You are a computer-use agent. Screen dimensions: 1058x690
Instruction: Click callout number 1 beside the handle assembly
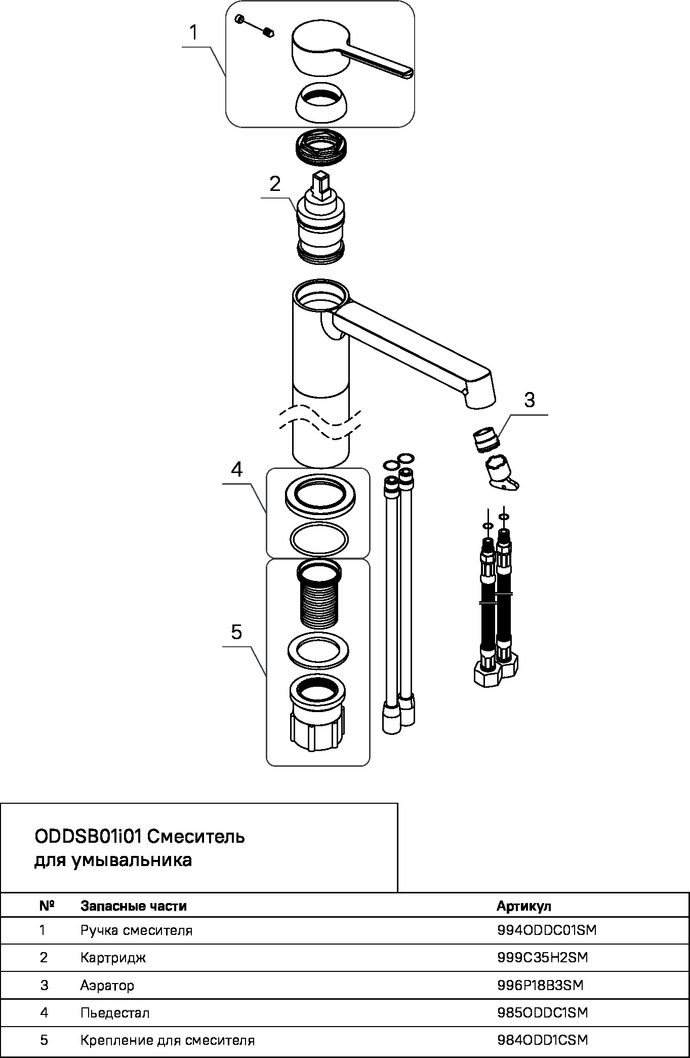(194, 33)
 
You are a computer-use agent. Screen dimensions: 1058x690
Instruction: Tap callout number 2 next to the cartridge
(275, 183)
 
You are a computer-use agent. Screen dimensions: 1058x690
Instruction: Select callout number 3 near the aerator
(529, 400)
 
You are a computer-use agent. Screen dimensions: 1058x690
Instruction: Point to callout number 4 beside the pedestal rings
(236, 469)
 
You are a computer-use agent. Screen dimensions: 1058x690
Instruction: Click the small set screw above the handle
(269, 33)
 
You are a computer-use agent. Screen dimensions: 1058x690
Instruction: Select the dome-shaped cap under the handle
(320, 101)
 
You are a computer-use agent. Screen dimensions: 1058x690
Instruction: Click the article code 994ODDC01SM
(547, 930)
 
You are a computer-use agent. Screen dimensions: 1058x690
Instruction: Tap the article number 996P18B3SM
(540, 985)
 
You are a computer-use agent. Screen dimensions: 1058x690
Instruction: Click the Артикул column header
(524, 906)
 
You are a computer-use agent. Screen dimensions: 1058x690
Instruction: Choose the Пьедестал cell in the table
(115, 1012)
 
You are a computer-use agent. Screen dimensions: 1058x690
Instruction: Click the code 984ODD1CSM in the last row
(543, 1040)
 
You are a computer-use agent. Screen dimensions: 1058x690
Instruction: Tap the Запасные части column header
(134, 906)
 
